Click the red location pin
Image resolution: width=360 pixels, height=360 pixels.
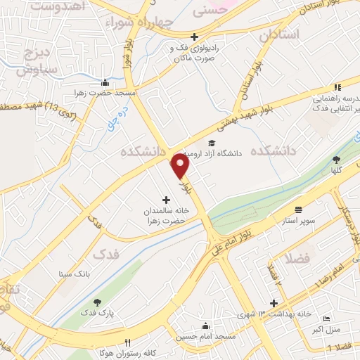pyautogui.click(x=181, y=165)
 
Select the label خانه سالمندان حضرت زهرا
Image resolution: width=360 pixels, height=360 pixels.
pyautogui.click(x=168, y=216)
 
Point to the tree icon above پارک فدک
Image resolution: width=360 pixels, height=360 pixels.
pyautogui.click(x=97, y=302)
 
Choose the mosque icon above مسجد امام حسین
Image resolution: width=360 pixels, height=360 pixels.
pyautogui.click(x=205, y=326)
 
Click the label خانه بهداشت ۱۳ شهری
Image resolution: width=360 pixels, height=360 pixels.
pyautogui.click(x=274, y=314)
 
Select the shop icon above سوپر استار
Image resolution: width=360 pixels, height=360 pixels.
pyautogui.click(x=298, y=210)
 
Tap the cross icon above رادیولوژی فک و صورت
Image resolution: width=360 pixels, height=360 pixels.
pyautogui.click(x=195, y=37)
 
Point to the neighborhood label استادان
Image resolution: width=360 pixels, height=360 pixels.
pyautogui.click(x=279, y=34)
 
